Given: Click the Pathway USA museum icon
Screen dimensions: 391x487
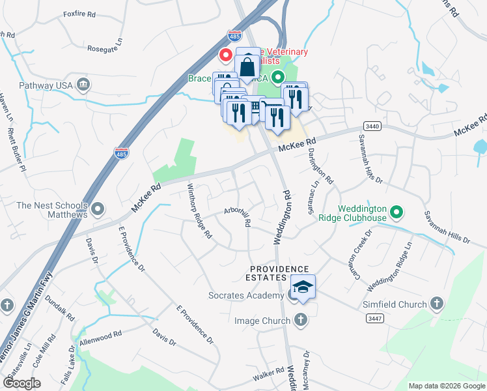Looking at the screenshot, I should [x=83, y=84].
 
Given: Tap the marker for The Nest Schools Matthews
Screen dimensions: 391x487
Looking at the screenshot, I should [x=98, y=209].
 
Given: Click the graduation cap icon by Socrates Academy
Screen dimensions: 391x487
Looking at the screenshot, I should [x=303, y=287].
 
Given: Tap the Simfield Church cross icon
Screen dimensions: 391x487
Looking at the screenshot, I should [x=436, y=304].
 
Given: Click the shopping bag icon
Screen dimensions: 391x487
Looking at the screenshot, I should [x=248, y=65].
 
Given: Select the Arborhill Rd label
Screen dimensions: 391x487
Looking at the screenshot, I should [x=237, y=217].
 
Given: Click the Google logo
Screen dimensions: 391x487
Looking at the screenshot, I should [x=22, y=383].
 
